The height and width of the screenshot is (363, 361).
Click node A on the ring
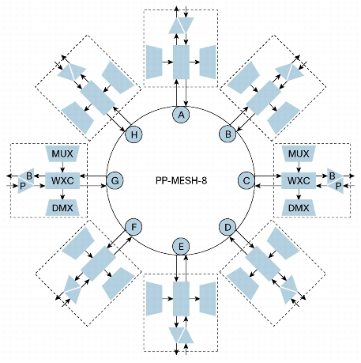181,115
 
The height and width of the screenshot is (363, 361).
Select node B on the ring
228,134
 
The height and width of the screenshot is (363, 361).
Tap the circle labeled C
246,181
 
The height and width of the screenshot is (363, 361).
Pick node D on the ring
228,227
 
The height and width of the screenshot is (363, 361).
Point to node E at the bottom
181,247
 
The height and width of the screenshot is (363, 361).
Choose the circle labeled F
133,227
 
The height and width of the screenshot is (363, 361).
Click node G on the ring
115,181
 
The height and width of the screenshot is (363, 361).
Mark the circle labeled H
133,134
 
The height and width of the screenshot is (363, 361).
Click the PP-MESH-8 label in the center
181,181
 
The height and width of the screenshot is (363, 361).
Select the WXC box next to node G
62,180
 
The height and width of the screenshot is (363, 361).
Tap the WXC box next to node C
299,180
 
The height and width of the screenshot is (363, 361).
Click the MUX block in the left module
62,153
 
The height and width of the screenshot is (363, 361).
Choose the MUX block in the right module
299,153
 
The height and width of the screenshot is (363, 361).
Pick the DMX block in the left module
62,208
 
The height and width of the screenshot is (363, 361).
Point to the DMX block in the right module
299,208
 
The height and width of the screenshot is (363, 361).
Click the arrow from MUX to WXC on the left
62,167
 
